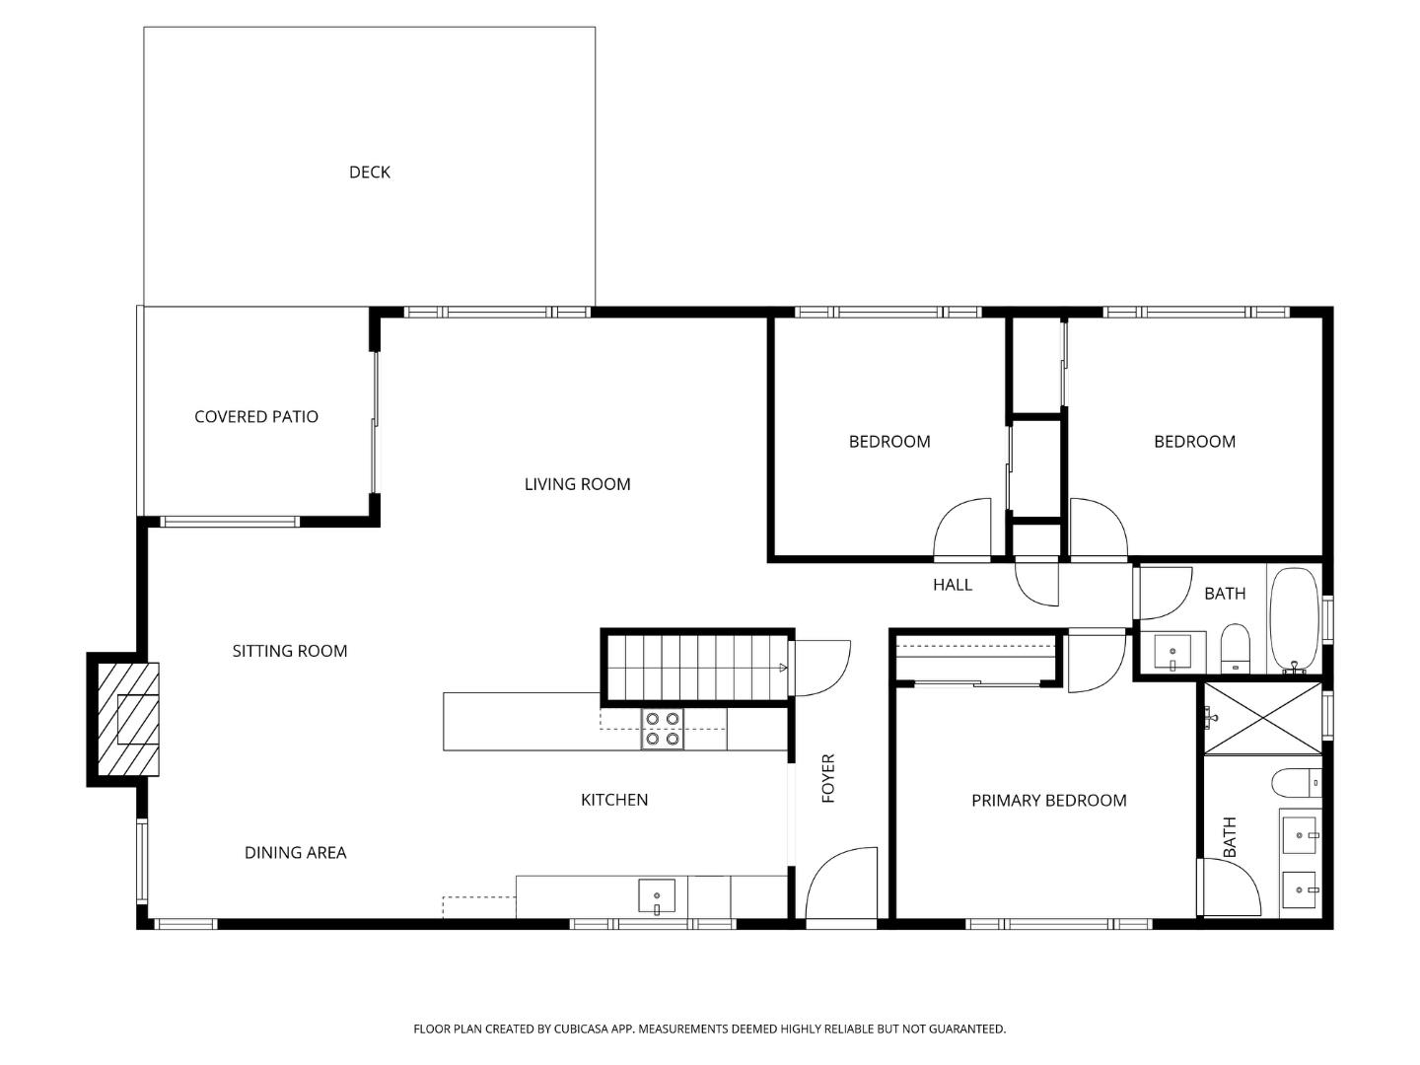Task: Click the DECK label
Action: point(370,173)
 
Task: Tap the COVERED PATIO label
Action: point(256,417)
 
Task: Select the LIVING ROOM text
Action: point(577,484)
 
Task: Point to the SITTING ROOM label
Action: point(290,651)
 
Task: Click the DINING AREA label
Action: point(295,853)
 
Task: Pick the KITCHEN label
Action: point(614,800)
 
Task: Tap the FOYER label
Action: point(828,778)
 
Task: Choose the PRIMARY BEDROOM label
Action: point(1048,801)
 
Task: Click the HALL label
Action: point(953,585)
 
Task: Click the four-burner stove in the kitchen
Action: point(662,729)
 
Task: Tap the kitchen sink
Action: point(657,896)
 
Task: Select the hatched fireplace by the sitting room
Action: point(128,719)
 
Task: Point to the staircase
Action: point(696,667)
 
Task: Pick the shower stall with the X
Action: point(1261,718)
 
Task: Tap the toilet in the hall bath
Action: point(1236,647)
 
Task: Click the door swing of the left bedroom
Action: point(962,529)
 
